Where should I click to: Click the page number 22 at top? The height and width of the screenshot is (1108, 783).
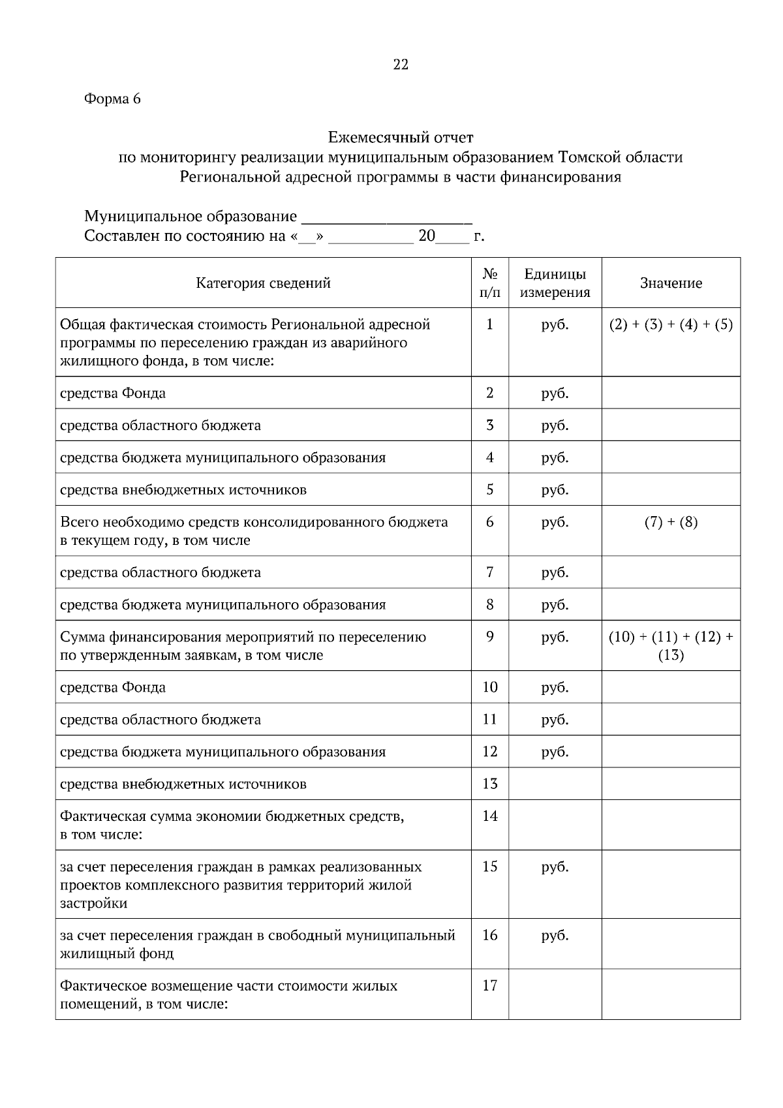400,65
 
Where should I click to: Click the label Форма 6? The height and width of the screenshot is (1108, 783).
112,99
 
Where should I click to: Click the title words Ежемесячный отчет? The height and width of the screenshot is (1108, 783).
400,138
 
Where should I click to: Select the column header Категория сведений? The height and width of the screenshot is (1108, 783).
263,283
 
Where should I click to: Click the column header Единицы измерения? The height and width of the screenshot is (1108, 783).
555,283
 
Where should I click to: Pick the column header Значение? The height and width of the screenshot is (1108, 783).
671,283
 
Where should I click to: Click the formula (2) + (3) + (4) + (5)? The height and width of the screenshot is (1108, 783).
671,324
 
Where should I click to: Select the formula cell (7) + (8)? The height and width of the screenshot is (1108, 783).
671,522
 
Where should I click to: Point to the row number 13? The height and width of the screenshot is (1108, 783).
489,784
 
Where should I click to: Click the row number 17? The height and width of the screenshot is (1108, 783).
489,985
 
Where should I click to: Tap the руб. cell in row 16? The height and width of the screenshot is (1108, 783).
555,935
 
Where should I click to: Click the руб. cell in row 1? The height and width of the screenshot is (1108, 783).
555,324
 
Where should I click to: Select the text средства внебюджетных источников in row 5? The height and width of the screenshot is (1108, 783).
183,489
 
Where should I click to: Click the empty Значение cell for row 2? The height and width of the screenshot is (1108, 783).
671,393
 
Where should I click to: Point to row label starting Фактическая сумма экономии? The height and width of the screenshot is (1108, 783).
232,816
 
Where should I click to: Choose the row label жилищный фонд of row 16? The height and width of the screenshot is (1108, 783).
117,953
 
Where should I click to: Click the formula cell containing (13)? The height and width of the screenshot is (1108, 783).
671,655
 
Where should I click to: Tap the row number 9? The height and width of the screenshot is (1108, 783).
489,636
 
